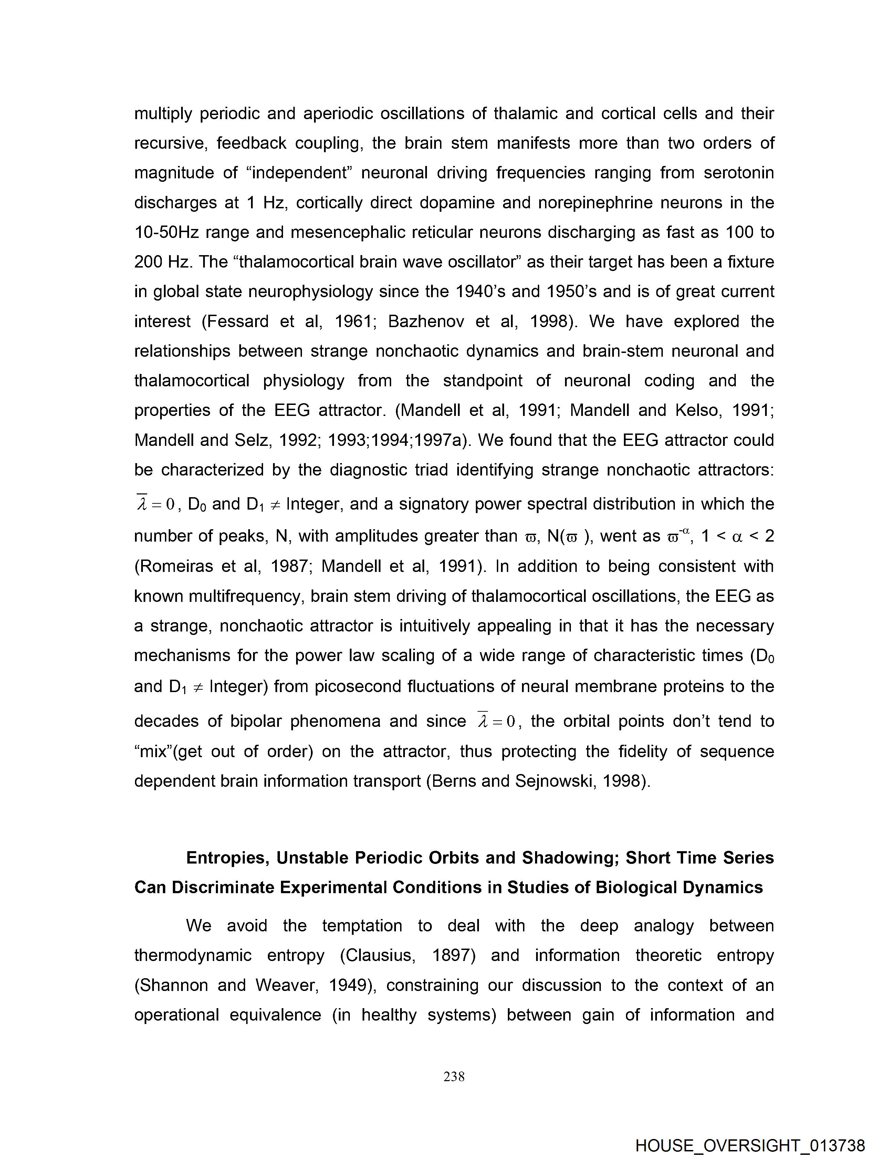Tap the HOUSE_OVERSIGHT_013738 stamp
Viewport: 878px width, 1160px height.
click(750, 1145)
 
